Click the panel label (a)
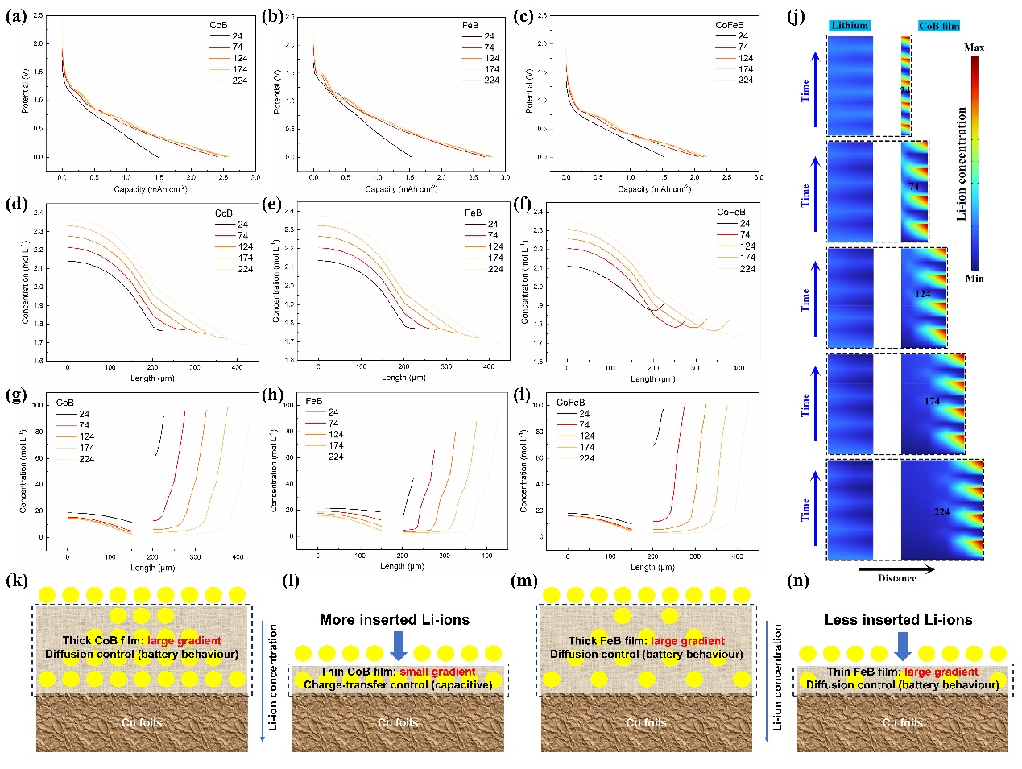coord(16,15)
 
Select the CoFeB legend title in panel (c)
coord(730,25)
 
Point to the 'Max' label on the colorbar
coord(974,48)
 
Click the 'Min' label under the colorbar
coord(974,279)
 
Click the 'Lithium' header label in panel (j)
coord(850,26)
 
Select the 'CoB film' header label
coord(939,26)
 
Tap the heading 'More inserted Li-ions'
coord(394,620)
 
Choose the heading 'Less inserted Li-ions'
coord(898,620)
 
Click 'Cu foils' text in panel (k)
coord(142,722)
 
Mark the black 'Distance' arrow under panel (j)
coord(896,569)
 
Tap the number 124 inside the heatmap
coord(923,294)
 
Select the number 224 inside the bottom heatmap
coord(941,512)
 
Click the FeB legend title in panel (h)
coord(314,401)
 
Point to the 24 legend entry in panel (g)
coord(84,414)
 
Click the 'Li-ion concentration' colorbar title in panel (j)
coord(961,164)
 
